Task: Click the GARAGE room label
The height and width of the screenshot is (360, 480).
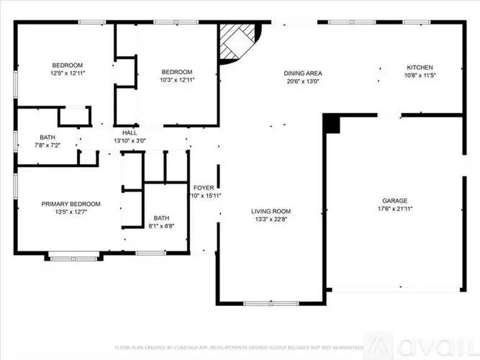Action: click(394, 200)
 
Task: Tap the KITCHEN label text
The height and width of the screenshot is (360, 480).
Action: click(420, 67)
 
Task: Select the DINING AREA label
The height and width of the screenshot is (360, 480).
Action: click(302, 73)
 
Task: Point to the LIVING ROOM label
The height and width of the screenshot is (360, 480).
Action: click(271, 211)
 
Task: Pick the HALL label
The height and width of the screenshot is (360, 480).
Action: click(130, 132)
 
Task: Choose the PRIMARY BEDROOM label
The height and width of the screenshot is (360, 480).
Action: click(71, 204)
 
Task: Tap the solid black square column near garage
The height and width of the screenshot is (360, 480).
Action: click(331, 124)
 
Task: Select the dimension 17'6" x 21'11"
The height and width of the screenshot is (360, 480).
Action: click(394, 209)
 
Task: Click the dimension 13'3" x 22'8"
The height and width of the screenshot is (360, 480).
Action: click(271, 220)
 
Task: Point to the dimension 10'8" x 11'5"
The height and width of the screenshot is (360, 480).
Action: click(420, 75)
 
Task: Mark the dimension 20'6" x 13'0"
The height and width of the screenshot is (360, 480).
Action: click(302, 81)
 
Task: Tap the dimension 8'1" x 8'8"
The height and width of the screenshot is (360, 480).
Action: click(161, 226)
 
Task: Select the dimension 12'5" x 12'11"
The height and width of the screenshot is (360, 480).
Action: click(68, 73)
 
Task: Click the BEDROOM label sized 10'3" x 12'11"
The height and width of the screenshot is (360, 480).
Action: click(176, 71)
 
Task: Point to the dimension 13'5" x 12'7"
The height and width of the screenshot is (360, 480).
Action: click(71, 212)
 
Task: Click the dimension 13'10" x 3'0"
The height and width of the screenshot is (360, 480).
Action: click(130, 141)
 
